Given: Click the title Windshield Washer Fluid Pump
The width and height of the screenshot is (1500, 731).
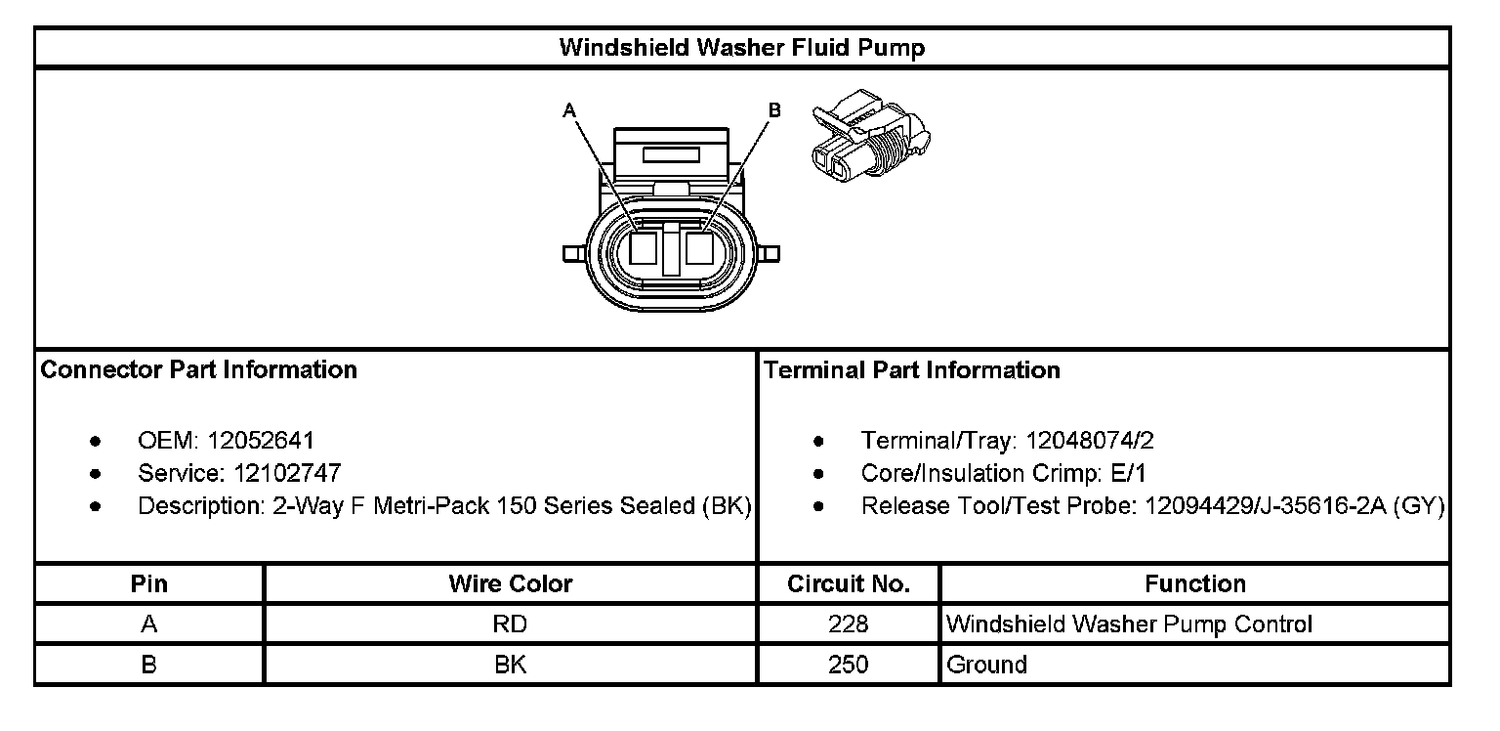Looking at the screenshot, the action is tap(741, 48).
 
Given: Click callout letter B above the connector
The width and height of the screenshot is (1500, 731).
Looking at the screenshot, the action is tap(774, 110).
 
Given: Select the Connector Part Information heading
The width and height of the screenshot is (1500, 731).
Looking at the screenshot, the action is tap(198, 370).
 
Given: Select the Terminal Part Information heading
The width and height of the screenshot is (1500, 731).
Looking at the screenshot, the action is tap(912, 370).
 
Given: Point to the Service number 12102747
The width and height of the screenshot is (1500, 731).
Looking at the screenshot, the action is tap(287, 474).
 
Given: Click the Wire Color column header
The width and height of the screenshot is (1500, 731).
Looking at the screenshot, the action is tap(510, 584).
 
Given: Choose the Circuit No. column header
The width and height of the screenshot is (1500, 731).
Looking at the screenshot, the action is tap(849, 584).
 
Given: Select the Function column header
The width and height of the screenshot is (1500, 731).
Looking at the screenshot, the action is tap(1194, 584).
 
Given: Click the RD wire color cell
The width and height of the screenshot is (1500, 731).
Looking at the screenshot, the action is tap(510, 624).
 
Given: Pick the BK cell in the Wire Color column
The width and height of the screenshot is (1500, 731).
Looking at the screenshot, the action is tap(510, 666).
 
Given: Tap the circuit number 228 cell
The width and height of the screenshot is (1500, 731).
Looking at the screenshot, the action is tap(848, 624).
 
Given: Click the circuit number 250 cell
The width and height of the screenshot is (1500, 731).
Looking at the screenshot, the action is tap(848, 666).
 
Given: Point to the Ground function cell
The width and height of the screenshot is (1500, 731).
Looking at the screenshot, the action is tap(987, 666).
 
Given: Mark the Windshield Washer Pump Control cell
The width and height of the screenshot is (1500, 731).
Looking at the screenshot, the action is tap(1130, 624).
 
